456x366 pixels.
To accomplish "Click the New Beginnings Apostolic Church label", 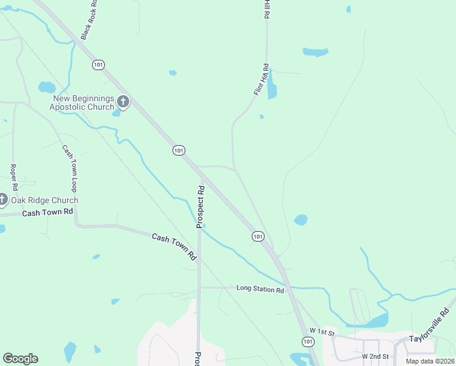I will (x=84, y=103).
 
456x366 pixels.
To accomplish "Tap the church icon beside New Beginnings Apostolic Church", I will (x=123, y=102).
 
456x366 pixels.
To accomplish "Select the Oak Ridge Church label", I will (x=45, y=200).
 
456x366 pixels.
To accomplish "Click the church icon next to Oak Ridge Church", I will (x=2, y=199).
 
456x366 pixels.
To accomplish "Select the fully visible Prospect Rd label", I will (x=199, y=207).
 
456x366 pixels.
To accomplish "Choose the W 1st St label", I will (x=322, y=331).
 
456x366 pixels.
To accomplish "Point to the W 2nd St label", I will (x=375, y=356).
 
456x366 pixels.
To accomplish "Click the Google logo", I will (x=20, y=359).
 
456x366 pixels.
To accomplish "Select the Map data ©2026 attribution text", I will (x=430, y=361).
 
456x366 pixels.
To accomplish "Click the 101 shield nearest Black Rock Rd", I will (x=98, y=64).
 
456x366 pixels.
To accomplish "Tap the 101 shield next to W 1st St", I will (x=308, y=342).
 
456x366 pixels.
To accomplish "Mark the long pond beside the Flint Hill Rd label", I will (x=271, y=84).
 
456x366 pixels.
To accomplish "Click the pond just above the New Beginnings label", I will (x=47, y=87).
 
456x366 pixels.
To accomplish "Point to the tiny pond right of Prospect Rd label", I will (x=204, y=226).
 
